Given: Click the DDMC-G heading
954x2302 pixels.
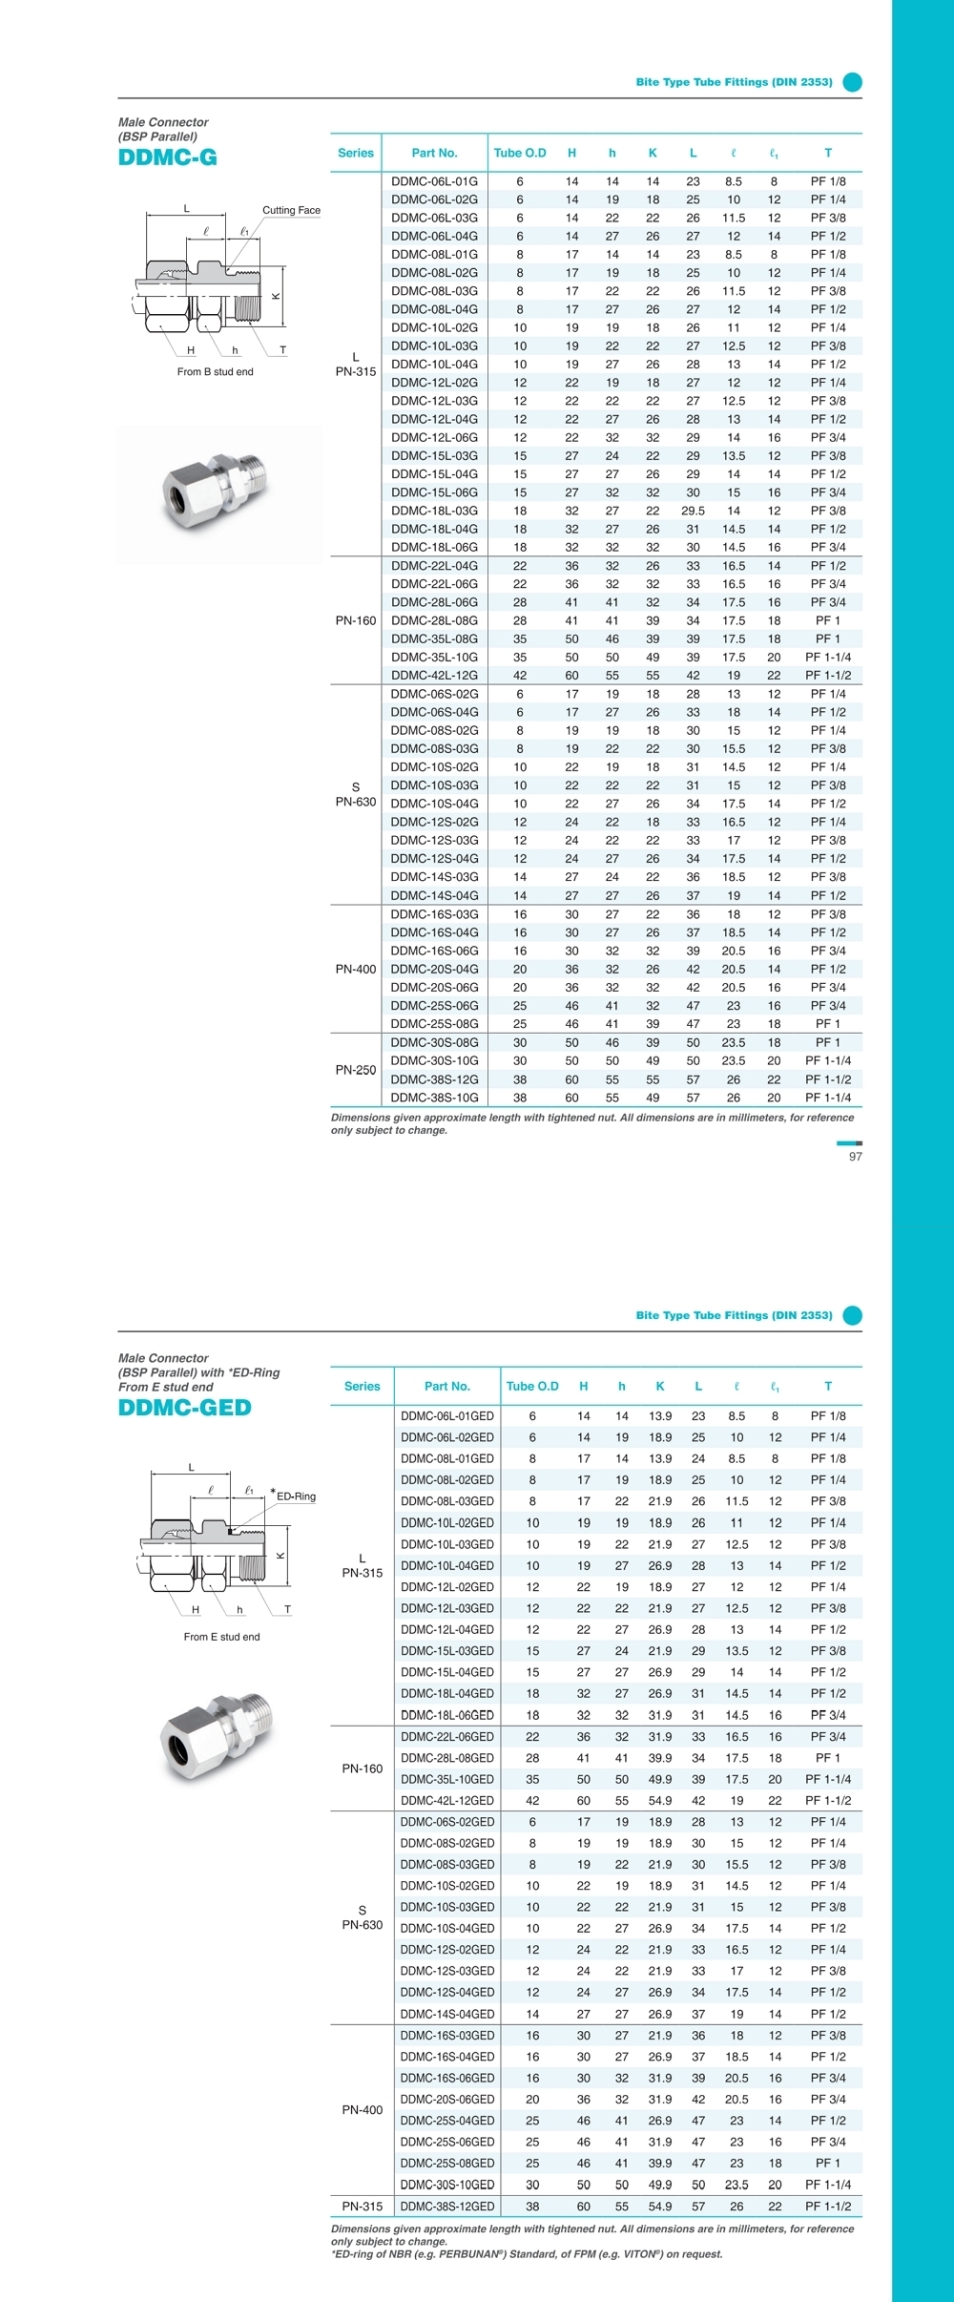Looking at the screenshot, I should point(168,157).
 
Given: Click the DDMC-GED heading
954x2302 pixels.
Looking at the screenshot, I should point(185,1408).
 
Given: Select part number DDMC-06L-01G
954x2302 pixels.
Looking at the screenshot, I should point(434,181).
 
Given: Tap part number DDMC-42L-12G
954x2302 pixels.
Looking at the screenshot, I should point(434,676).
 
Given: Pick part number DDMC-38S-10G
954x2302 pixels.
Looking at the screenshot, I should point(434,1098).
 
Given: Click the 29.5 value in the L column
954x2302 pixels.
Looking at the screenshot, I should point(693,511).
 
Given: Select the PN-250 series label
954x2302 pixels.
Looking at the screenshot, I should point(356,1070).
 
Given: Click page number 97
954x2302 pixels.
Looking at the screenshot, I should point(855,1157).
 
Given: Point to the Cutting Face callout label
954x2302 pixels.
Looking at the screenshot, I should point(291,210).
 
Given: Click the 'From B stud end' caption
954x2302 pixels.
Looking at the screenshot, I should point(215,372).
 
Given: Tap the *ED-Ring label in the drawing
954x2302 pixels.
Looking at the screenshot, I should point(294,1496).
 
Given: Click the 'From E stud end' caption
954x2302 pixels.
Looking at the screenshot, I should point(221,1637).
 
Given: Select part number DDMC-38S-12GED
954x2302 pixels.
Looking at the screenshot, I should point(447,2207).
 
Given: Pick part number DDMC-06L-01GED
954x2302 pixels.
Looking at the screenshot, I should point(447,1416).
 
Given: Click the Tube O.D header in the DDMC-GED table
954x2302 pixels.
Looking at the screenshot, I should point(532,1386).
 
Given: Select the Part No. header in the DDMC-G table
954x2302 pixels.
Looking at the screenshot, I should point(434,153).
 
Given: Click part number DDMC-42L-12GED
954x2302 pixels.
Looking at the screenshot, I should point(447,1801).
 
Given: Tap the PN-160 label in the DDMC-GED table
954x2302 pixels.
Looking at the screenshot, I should point(363,1768).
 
